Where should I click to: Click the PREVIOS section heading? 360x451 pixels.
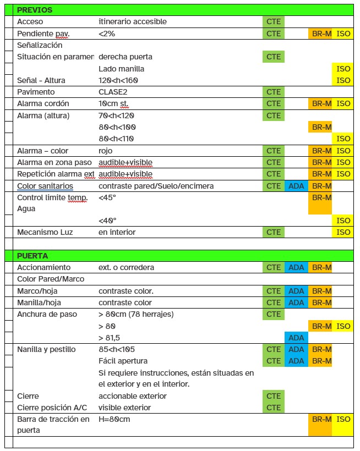coord(35,10)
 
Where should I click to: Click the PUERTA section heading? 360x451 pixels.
coord(32,256)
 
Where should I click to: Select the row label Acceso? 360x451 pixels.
coord(30,21)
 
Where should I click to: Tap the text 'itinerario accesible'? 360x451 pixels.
coord(132,21)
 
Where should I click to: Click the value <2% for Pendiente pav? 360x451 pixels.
coord(107,34)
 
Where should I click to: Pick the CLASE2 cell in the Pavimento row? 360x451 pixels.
coord(113,92)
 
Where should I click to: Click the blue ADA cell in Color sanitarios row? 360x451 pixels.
coord(296,186)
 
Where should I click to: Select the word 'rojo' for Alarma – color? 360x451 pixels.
coord(105,151)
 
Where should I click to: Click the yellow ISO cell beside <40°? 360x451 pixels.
coord(343,221)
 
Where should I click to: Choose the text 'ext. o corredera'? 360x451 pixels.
coord(126,267)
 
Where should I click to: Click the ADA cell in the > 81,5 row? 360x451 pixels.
coord(296,338)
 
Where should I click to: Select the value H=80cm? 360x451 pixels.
coord(114,419)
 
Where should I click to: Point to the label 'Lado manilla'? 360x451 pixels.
coord(121,69)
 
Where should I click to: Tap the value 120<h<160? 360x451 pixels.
coord(118,80)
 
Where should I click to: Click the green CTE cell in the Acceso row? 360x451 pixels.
coord(274,21)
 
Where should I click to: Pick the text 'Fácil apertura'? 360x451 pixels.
coord(123,361)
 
